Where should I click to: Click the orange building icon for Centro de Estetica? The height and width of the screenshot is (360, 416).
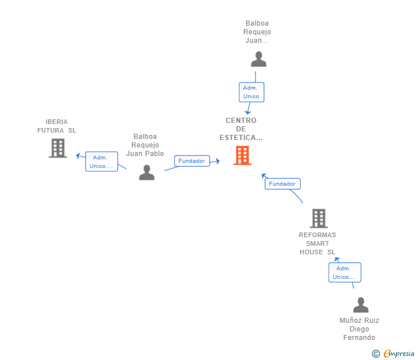tap(242, 155)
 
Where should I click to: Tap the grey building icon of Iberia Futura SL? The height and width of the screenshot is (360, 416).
tap(58, 148)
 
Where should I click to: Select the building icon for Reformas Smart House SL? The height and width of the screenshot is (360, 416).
tap(318, 218)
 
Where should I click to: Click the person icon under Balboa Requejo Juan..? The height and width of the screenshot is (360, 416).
tap(258, 59)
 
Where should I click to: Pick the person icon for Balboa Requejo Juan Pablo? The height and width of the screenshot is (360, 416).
tap(147, 173)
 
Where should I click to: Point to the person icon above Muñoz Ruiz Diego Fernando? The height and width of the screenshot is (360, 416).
tap(361, 305)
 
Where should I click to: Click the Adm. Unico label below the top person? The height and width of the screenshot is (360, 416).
tap(251, 92)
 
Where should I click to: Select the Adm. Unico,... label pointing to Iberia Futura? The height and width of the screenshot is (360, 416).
tap(102, 162)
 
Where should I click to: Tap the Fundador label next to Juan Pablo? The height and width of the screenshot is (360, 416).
tap(191, 161)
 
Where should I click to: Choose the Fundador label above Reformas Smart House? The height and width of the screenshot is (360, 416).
tap(282, 184)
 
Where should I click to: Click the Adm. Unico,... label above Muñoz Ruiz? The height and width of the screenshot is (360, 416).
tap(345, 273)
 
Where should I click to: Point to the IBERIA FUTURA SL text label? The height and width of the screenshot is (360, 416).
tap(57, 126)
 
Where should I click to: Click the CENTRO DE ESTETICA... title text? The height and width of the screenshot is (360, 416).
tap(241, 129)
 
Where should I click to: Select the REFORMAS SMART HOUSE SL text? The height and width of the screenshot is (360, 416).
tap(318, 243)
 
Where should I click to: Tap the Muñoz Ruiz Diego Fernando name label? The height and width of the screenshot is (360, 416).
tap(359, 329)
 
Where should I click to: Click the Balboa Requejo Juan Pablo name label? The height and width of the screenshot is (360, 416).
tap(145, 145)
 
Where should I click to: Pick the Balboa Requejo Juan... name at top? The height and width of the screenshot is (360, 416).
tap(258, 32)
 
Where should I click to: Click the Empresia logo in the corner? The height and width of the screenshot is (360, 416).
tap(399, 354)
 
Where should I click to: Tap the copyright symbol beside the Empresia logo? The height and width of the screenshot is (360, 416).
tap(375, 354)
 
